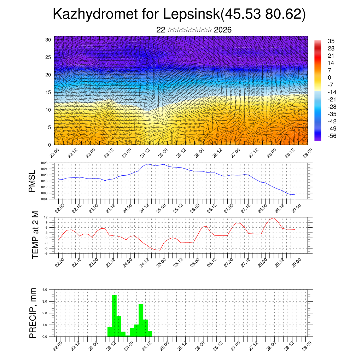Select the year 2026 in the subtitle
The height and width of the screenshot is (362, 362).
coord(222,30)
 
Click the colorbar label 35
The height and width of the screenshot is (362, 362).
coord(331,41)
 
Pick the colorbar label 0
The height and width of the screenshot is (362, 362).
coord(329,78)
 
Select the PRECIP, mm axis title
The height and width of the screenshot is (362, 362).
coord(33,313)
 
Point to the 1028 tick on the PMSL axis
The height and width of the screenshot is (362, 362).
coord(44,163)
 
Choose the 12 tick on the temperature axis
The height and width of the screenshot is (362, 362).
coord(46,217)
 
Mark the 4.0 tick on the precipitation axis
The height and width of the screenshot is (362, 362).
coord(45,290)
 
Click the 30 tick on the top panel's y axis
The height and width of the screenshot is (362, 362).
coord(48,40)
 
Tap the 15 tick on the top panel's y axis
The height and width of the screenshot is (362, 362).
coord(48,92)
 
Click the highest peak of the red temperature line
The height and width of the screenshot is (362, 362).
coord(274,218)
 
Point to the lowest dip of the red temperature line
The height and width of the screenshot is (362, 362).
coord(159,250)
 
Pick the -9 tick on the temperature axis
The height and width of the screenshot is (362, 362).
coord(46,253)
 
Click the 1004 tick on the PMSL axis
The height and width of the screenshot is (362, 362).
coord(44,199)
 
